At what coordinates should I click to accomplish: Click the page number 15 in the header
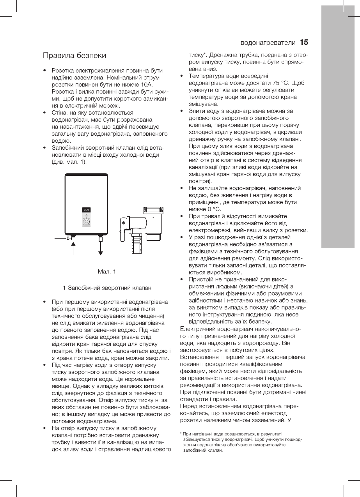click(x=304, y=42)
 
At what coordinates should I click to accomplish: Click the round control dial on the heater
click(x=87, y=222)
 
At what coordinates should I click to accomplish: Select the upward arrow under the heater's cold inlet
click(x=73, y=246)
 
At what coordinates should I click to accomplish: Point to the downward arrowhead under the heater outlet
click(x=101, y=253)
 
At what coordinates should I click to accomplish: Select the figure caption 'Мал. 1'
click(x=107, y=271)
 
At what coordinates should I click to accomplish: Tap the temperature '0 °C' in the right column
click(x=201, y=209)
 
